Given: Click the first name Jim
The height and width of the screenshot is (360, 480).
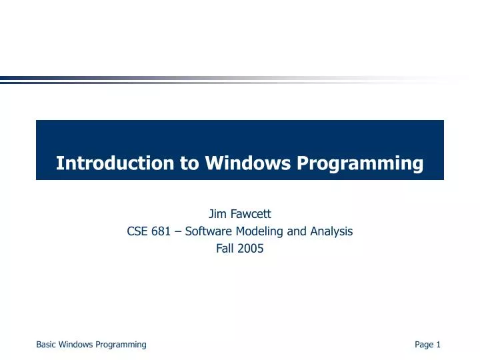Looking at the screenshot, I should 216,214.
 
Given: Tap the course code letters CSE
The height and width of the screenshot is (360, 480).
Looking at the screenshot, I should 137,231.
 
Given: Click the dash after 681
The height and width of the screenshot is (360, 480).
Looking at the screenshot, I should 180,232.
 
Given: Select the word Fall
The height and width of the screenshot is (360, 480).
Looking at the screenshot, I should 224,249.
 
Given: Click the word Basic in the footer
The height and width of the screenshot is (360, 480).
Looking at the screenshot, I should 46,345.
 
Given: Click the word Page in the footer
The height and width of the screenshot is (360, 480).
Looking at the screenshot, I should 423,345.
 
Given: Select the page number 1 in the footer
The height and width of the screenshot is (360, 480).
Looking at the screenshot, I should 439,345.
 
